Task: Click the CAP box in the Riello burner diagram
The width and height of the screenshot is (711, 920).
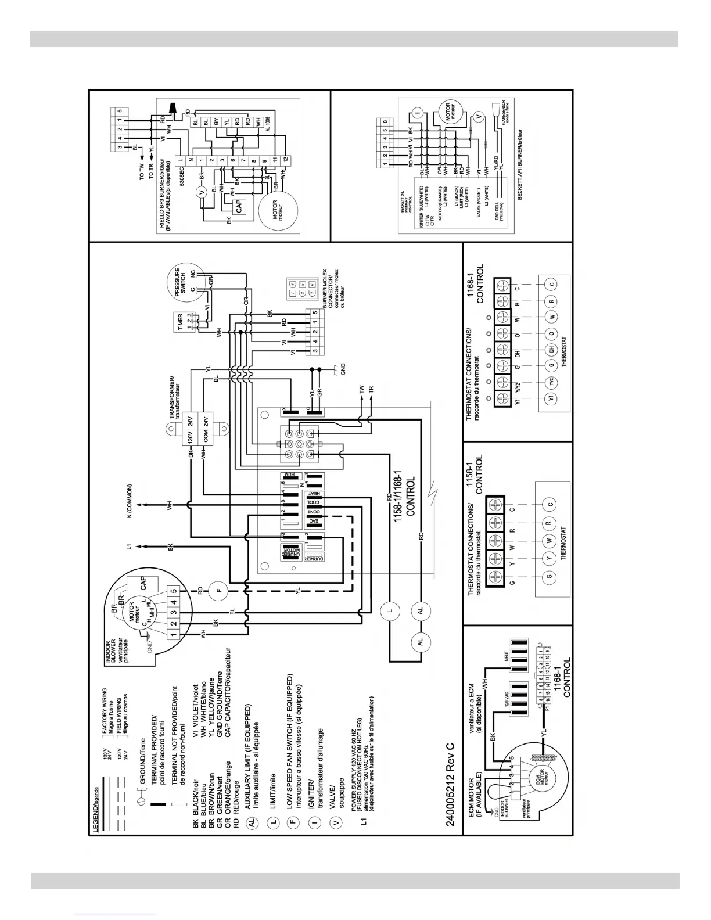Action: [237, 205]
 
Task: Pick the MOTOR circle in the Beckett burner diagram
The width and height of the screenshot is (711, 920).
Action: [455, 110]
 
